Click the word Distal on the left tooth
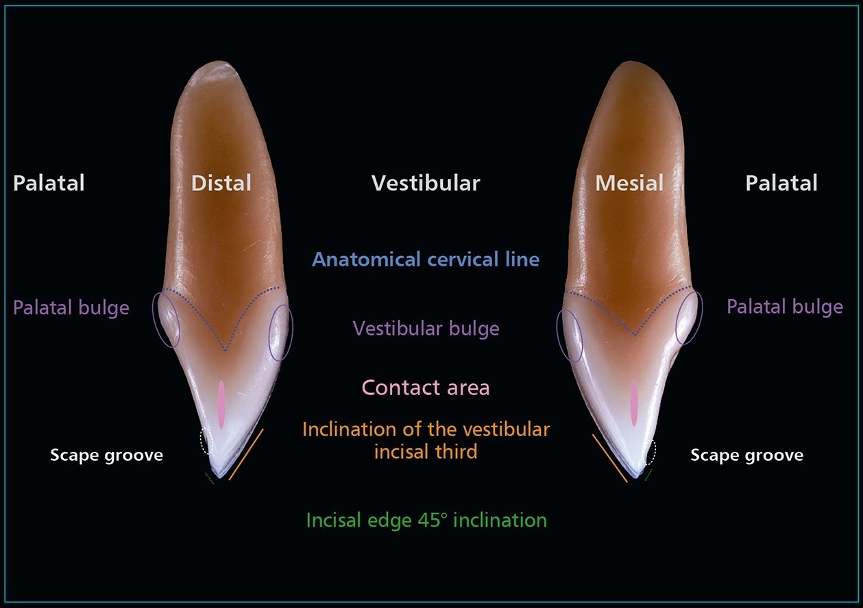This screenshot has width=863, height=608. tap(221, 183)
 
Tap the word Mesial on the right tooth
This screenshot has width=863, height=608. tap(629, 183)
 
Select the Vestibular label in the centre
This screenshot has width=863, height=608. tap(426, 183)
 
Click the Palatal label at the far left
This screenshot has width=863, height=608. tap(49, 183)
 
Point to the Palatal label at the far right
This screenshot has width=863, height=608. tap(781, 183)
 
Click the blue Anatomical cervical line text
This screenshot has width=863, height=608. tap(426, 259)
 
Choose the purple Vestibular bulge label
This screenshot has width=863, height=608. tap(426, 328)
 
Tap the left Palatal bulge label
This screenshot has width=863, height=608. tap(71, 307)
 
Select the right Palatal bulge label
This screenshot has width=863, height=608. tap(785, 306)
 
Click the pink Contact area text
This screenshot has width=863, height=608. tap(426, 388)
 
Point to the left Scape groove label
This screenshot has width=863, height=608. tap(106, 455)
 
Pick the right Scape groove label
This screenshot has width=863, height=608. tap(746, 455)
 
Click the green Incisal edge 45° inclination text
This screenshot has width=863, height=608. tap(426, 520)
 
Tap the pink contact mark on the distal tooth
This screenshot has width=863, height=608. tap(221, 404)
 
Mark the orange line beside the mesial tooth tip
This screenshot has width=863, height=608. tap(610, 457)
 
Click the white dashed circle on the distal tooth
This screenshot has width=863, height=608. tap(206, 442)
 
